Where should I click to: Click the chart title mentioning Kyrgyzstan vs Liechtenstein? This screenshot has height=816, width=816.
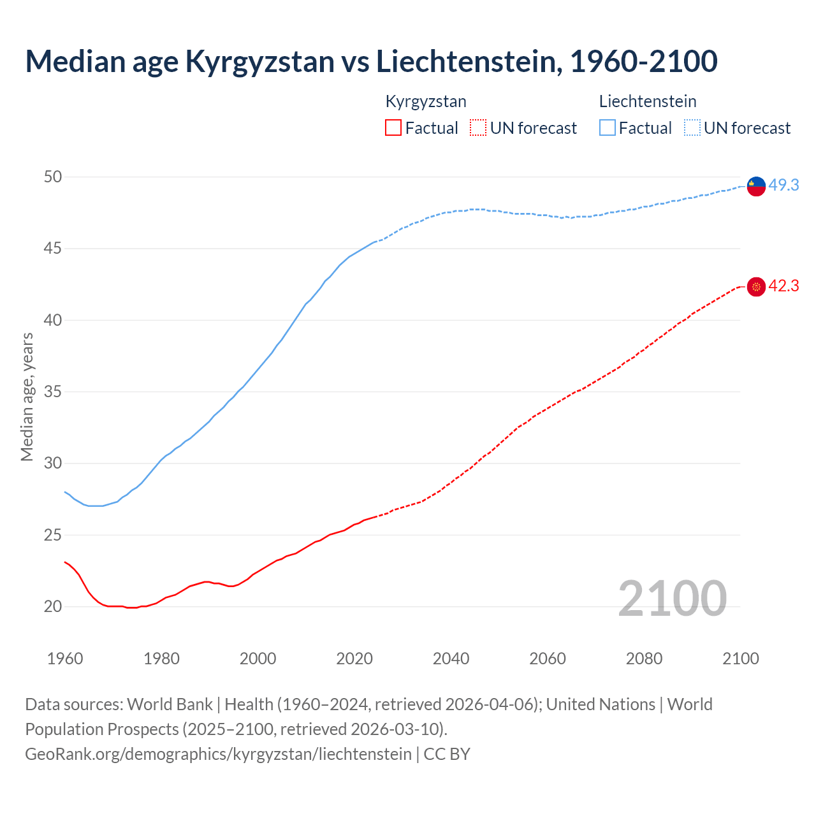coord(371,61)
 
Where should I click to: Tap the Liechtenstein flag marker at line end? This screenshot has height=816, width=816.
coord(756,186)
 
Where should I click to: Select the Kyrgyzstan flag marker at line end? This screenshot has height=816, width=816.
coord(756,287)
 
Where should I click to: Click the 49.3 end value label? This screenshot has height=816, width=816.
coord(783,185)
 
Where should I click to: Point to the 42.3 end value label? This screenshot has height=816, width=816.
coord(783,286)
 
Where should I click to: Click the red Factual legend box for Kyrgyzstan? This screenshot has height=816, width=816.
coord(393,128)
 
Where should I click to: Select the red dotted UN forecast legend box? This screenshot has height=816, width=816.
coord(478,128)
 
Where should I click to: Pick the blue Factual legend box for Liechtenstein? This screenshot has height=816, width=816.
coord(608,128)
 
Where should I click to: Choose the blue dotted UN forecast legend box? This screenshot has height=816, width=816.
coord(692,128)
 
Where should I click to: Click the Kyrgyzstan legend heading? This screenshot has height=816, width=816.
coord(426,101)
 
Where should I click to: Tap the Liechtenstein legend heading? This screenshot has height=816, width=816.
coord(648,101)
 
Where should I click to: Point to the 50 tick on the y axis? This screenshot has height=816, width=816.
coord(53,177)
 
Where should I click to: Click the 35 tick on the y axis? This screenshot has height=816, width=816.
coord(53,391)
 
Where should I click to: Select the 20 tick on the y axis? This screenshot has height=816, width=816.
coord(53,606)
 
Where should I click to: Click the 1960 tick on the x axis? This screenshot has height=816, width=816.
coord(65,659)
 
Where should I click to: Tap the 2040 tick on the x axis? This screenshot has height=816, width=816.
coord(451,659)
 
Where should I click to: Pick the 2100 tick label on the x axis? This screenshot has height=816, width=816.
coord(740,659)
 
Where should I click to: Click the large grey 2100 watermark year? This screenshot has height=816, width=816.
coord(672,598)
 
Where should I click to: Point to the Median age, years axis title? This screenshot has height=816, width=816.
coord(27,397)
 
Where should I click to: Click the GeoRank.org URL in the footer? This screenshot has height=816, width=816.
coord(218,754)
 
